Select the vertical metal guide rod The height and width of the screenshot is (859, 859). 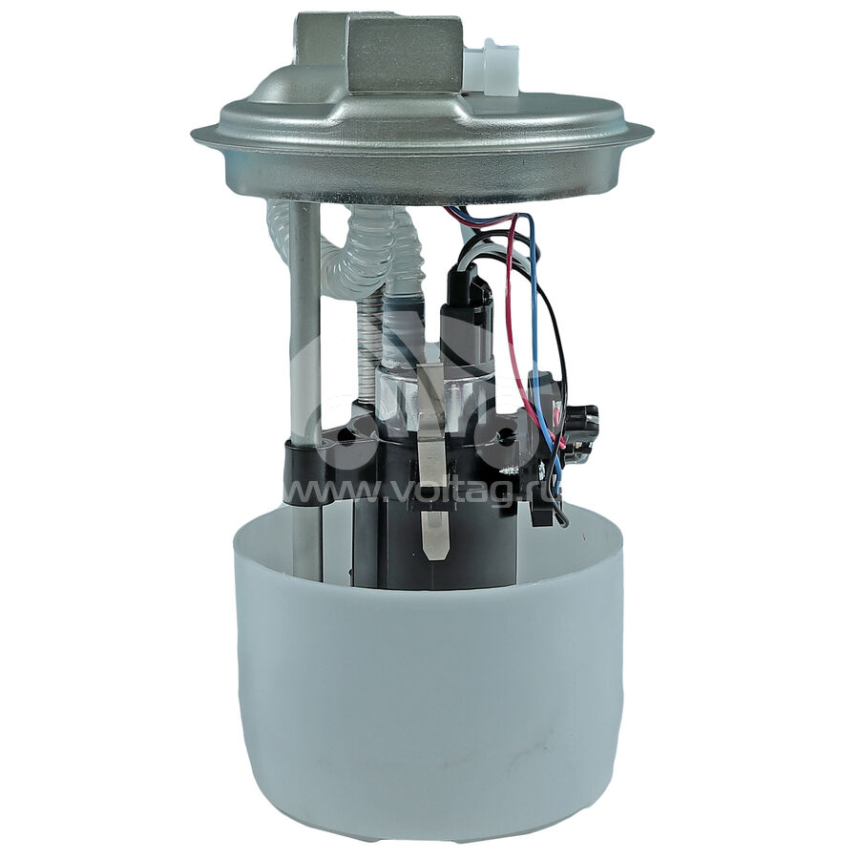coord(304,384)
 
